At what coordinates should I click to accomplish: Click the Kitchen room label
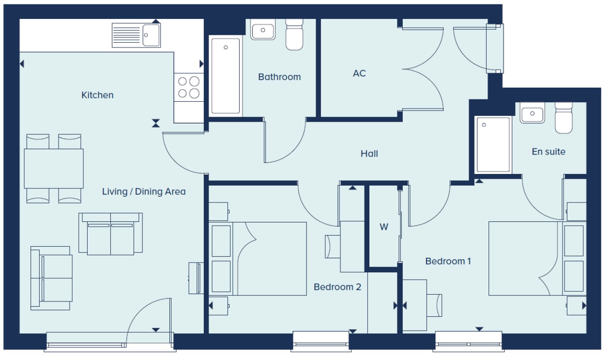coord(97,95)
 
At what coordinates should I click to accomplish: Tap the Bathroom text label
coord(279,77)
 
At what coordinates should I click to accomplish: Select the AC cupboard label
coord(359,73)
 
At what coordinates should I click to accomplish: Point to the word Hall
coord(369,154)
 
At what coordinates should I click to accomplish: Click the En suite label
coord(549,152)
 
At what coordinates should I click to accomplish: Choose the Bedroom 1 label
coord(448,261)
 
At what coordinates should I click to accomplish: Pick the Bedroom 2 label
coord(337,287)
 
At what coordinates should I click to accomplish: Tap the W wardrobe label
coord(384,227)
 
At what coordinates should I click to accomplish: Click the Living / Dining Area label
coord(144,191)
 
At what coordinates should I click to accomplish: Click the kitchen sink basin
coord(151,35)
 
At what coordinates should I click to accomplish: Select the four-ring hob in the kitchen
coord(189,87)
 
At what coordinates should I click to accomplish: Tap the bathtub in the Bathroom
coord(226,76)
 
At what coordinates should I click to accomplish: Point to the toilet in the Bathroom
coord(294,34)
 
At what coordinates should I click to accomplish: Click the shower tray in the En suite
coord(493,145)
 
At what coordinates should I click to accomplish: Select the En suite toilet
coord(564,118)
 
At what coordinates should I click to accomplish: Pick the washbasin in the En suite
coord(532,113)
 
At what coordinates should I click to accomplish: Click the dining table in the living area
coord(54,169)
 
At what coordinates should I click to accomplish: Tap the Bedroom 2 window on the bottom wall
coord(321,341)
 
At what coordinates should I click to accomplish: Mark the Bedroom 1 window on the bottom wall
coord(469,341)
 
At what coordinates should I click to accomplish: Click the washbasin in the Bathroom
coord(263,30)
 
